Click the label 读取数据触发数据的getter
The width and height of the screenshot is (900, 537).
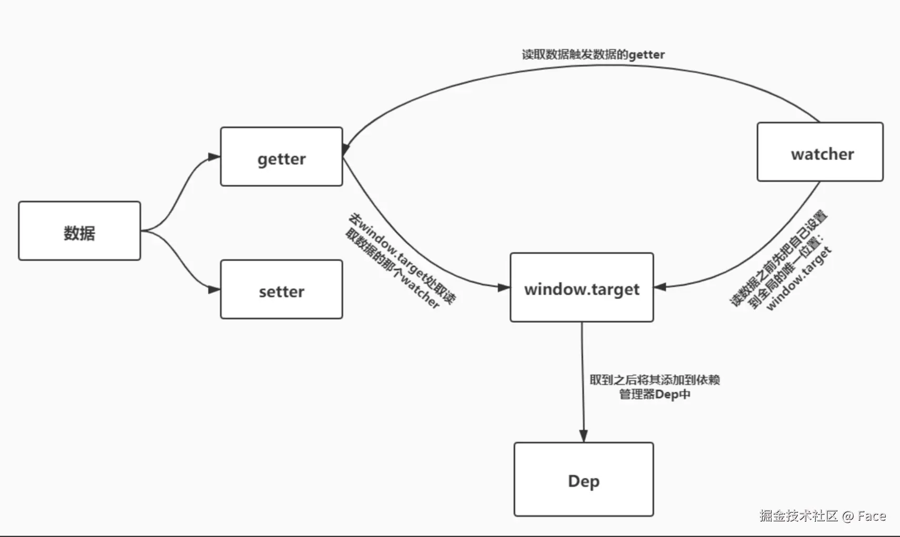593,55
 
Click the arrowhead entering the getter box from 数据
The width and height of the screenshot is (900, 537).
214,157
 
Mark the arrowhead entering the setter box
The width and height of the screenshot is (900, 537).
214,290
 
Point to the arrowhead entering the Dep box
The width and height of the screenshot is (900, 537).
583,435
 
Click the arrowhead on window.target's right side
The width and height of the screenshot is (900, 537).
661,287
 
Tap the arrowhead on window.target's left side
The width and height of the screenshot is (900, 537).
503,287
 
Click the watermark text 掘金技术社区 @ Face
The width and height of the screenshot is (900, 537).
822,516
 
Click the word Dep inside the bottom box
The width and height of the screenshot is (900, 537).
583,481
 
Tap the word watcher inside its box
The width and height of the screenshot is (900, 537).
822,154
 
